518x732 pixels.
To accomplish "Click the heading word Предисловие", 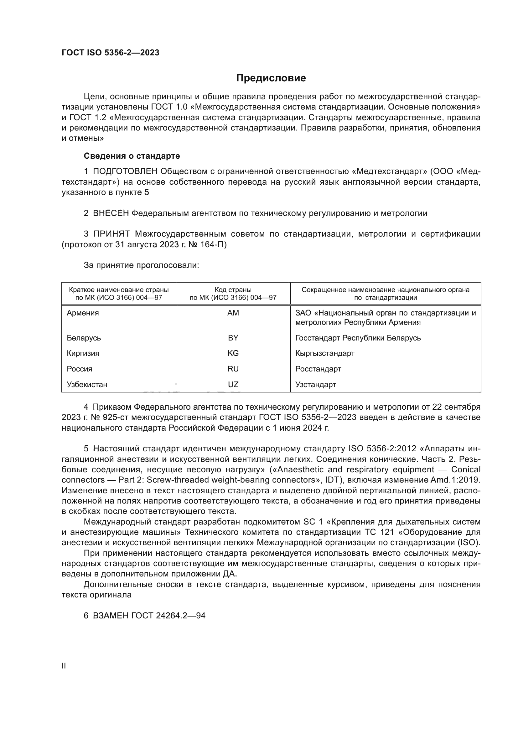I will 271,78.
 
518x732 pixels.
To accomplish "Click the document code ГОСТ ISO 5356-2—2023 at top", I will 110,53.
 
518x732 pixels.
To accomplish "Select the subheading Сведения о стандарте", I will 132,156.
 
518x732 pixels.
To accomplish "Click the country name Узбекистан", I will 87,385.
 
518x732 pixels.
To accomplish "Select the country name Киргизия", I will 83,353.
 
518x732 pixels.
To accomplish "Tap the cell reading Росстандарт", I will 318,369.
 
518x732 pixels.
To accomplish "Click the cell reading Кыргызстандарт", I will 325,353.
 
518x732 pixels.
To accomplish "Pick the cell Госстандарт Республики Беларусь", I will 358,338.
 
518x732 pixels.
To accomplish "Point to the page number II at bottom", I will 64,666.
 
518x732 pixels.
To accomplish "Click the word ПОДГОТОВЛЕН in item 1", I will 125,171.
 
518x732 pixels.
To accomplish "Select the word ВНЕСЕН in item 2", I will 111,213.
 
